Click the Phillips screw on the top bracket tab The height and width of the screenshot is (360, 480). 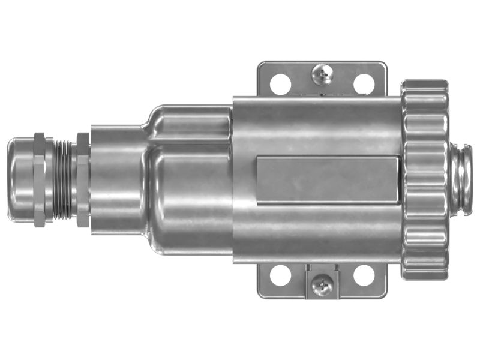pos(322,74)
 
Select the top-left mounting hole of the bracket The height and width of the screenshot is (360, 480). pos(278,83)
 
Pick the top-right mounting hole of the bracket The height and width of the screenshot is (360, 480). pos(362,83)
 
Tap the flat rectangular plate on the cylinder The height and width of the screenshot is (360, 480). pos(328,180)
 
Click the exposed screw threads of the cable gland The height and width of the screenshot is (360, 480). pos(61,178)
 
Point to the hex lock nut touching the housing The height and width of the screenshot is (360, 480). pos(83,178)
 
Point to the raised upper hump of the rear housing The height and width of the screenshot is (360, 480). pos(189,123)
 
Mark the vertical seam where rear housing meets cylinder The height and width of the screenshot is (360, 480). pos(233,180)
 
